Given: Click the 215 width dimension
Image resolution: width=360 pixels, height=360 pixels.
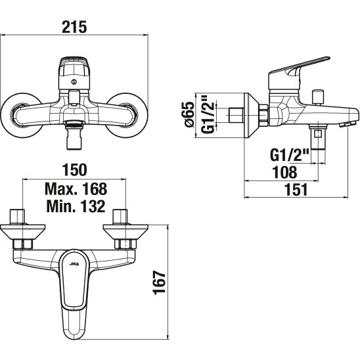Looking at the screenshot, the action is [75, 27].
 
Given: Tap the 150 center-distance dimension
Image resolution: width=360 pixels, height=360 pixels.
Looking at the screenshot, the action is [75, 169].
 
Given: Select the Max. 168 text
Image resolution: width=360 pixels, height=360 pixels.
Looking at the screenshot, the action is [76, 189].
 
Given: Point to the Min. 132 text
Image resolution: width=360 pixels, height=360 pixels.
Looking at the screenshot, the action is [76, 206].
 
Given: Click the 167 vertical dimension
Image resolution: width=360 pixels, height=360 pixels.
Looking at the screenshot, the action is [159, 282].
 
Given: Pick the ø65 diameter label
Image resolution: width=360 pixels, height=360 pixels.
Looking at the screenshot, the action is [189, 114].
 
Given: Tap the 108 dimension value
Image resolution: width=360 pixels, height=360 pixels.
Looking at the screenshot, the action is [284, 172].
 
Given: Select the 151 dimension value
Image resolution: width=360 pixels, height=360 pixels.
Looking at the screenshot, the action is [296, 190].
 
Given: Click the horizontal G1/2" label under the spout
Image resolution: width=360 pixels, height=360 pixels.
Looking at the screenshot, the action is [290, 155].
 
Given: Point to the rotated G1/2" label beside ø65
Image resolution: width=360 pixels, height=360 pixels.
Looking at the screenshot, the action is [208, 114].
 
